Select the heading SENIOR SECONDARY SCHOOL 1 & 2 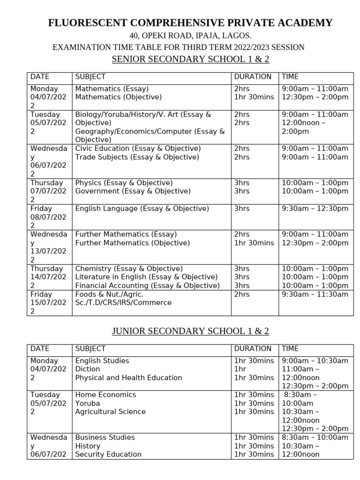(x=190, y=60)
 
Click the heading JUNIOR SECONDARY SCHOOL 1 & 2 (x=190, y=331)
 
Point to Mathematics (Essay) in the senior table (x=112, y=89)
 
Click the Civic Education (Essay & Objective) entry (x=138, y=149)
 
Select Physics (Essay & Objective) (x=124, y=183)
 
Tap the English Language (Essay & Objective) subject (x=142, y=209)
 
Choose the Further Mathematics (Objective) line (x=133, y=243)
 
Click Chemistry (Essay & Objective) (x=129, y=269)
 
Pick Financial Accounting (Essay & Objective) (x=147, y=285)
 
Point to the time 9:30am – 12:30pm (x=315, y=209)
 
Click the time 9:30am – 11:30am (x=315, y=294)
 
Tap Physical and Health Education (x=128, y=378)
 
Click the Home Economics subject (x=105, y=395)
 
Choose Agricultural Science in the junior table (x=110, y=412)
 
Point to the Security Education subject (x=108, y=454)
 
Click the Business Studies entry (x=105, y=437)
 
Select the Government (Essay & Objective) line (x=133, y=191)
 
